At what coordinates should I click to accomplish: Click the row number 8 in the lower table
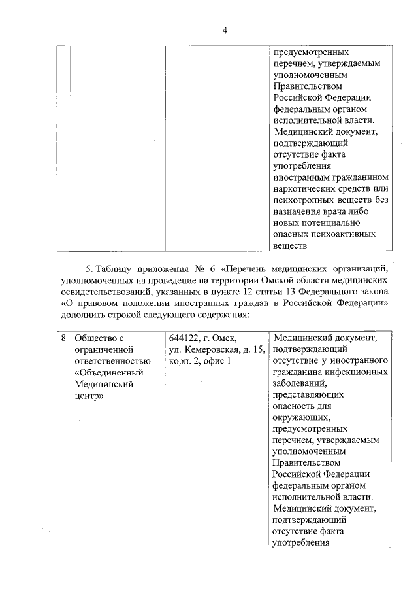coord(63,338)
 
